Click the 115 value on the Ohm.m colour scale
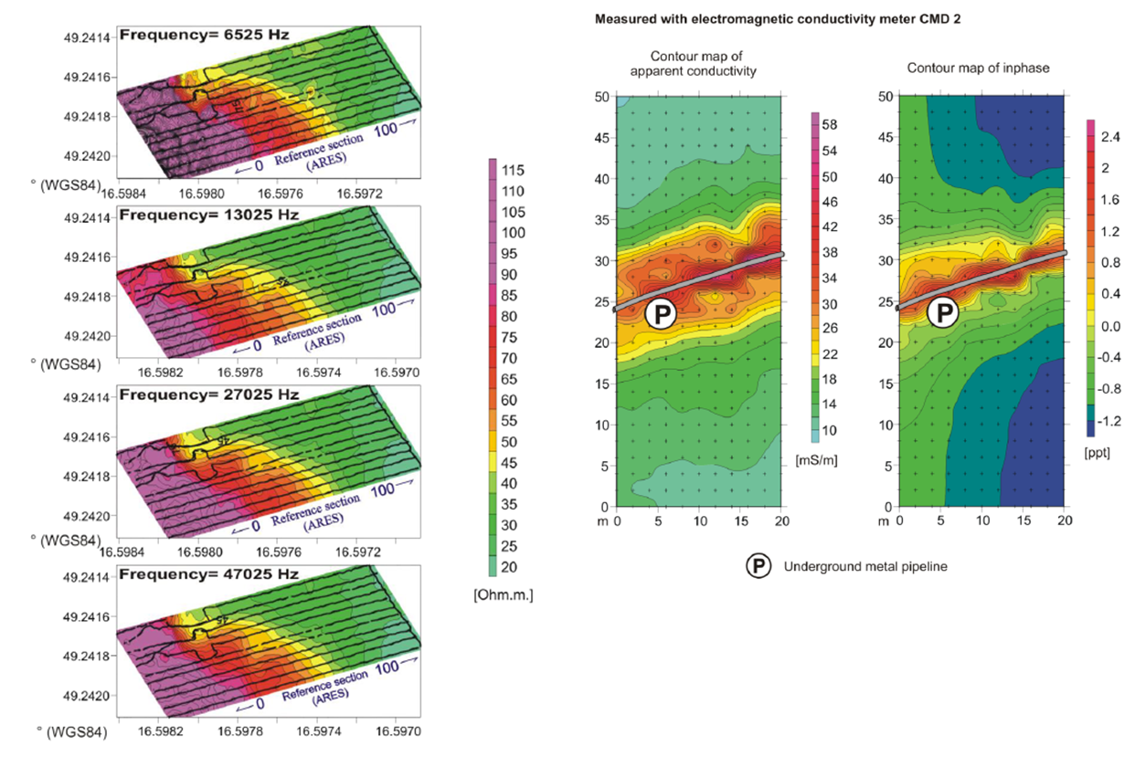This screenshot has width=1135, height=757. pos(514,171)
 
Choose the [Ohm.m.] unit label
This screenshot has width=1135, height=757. pos(504,594)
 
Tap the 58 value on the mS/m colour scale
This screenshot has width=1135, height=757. pos(830,123)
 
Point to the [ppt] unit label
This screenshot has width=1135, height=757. pos(1097,453)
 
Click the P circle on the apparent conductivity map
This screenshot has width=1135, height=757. pos(660,315)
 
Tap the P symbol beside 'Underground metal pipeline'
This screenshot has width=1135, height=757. pos(758,566)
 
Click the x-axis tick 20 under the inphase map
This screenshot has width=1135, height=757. pos(1064,521)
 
